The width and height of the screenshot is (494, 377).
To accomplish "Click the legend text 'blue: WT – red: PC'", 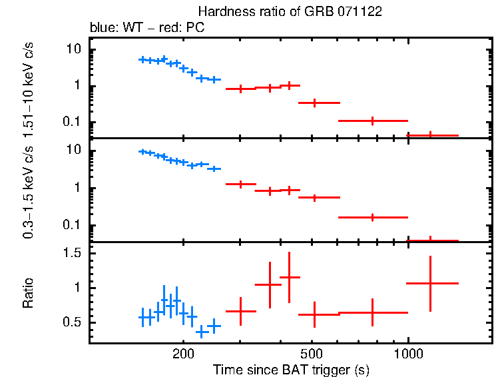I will coord(146,28).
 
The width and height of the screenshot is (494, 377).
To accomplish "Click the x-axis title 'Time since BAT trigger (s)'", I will coord(291,369).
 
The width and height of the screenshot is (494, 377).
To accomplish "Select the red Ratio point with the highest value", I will coord(289,277).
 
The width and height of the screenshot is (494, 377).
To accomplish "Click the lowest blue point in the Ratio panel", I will coord(201,330).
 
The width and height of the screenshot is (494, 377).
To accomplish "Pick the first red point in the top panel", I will coord(241,89).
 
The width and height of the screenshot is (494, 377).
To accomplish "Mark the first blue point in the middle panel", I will coord(142,152).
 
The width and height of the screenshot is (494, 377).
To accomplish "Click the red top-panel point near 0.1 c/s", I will coord(373,121).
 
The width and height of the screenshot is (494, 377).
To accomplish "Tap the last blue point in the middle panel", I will coord(214,169).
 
